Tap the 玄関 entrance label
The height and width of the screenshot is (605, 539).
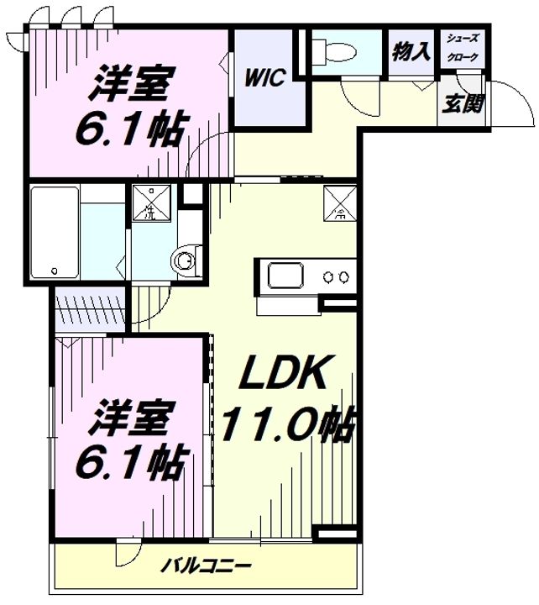[459, 106]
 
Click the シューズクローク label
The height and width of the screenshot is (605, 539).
[463, 48]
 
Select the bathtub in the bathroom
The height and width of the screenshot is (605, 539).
[55, 232]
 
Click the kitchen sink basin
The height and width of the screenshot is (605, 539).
[288, 276]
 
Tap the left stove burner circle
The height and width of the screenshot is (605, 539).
[328, 276]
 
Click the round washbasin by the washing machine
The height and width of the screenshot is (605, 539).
[186, 260]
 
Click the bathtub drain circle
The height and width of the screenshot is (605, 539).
[54, 271]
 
